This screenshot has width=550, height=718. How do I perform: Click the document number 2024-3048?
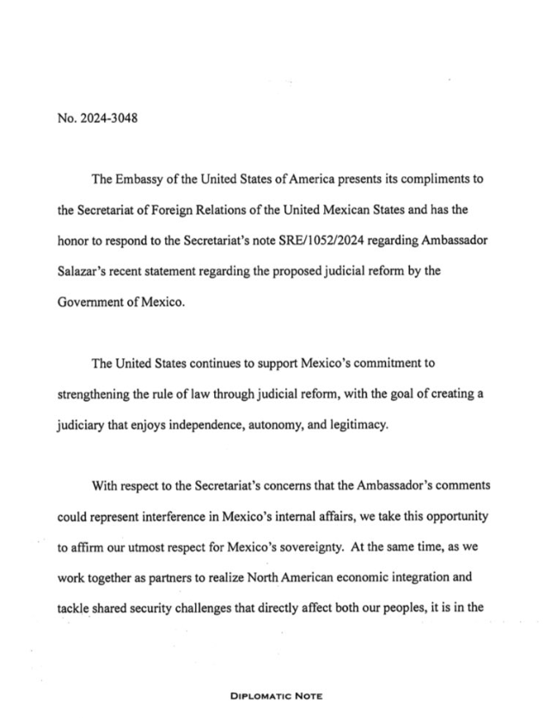(103, 118)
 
